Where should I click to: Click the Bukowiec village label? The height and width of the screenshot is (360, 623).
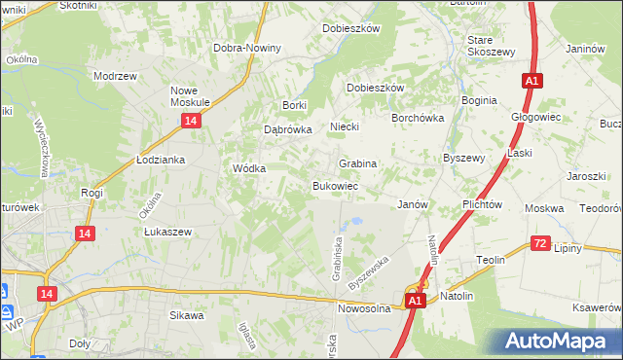coord(335,185)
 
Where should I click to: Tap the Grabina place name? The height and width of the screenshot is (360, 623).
coord(357,163)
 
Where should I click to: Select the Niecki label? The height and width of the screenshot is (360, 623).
coord(345,126)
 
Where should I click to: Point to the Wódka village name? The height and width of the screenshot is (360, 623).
coord(249,167)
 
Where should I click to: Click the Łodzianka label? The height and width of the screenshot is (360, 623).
coord(161,160)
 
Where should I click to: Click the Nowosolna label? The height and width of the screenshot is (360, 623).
coord(364,307)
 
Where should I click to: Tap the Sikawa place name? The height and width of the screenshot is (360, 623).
coord(186,315)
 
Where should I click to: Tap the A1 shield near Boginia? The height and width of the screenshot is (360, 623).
coord(531,82)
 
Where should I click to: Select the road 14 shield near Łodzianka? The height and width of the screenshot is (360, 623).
coord(191,120)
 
